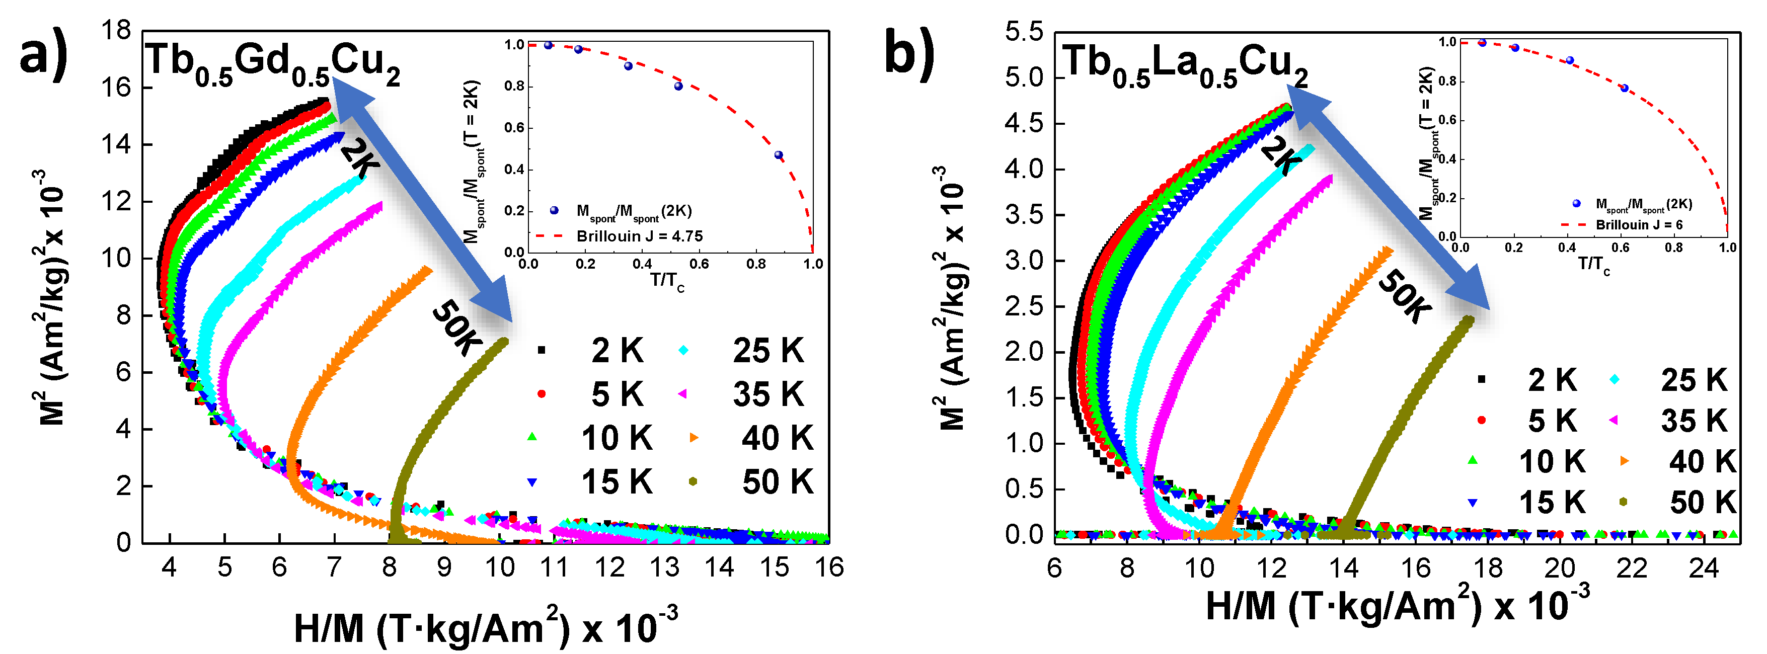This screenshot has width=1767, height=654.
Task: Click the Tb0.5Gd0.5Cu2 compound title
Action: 272,64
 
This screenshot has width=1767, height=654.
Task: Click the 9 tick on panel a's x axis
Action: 444,567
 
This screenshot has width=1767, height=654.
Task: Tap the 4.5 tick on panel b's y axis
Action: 1024,123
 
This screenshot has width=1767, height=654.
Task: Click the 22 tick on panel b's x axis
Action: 1631,568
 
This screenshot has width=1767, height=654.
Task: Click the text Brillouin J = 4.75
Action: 639,236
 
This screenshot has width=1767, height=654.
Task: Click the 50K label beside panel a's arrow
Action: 455,328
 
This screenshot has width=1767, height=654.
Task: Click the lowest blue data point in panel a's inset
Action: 779,155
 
